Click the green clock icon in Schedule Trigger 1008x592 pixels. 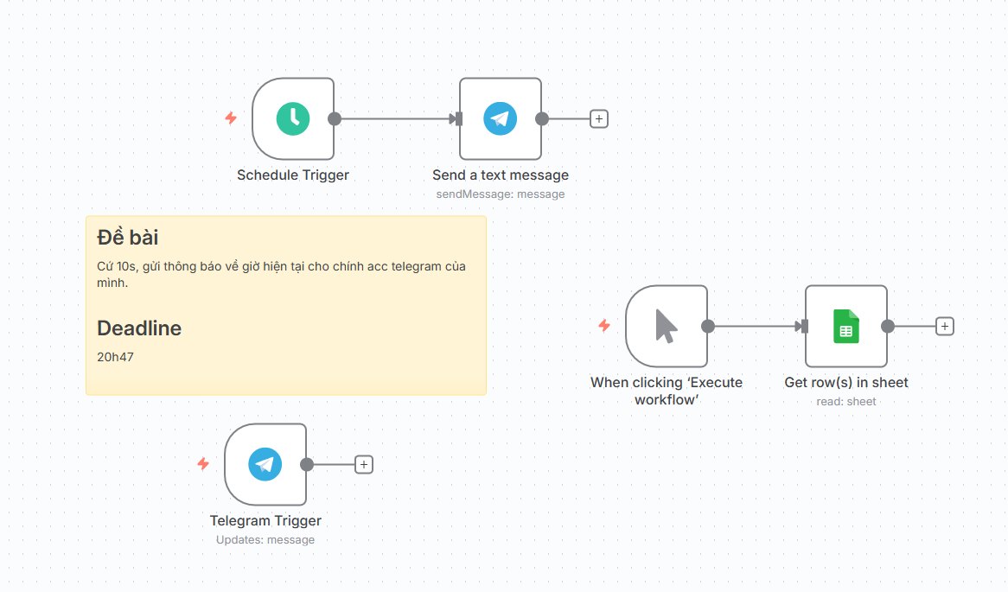click(292, 119)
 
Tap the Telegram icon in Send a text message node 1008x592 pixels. click(501, 119)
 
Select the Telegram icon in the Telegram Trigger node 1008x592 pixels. click(265, 464)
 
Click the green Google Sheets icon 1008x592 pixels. click(846, 327)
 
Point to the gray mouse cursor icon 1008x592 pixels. click(666, 327)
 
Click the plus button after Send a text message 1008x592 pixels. click(598, 119)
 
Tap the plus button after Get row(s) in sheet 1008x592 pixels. click(944, 327)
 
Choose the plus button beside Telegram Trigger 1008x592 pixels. click(364, 464)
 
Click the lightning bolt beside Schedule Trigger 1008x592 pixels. click(231, 118)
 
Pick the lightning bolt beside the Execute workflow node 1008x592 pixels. click(604, 325)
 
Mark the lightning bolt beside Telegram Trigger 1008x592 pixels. click(203, 463)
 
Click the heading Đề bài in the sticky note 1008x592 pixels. click(127, 237)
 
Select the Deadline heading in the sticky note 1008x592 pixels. click(139, 328)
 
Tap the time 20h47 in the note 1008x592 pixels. click(115, 357)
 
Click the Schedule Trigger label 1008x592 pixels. click(292, 175)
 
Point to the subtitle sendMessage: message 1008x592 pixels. click(501, 194)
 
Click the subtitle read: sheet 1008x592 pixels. click(846, 402)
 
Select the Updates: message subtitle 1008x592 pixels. click(265, 540)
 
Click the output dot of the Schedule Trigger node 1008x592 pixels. click(335, 119)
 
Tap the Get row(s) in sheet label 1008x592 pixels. click(846, 383)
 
